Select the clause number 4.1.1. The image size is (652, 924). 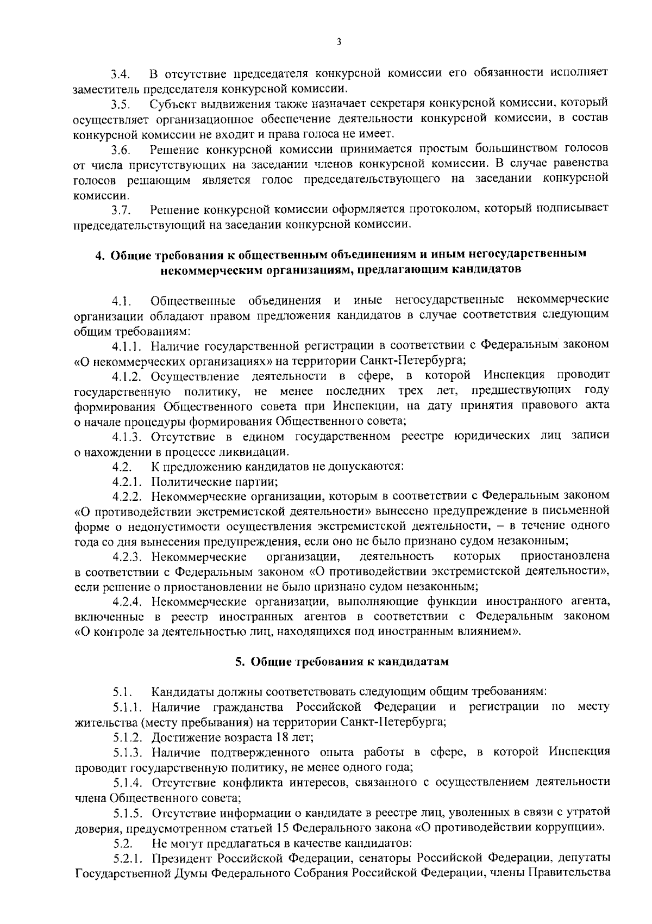pyautogui.click(x=128, y=346)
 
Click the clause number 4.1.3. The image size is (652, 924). pyautogui.click(x=128, y=437)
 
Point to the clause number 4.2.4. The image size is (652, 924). pyautogui.click(x=128, y=602)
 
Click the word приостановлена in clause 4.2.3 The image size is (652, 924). pyautogui.click(x=565, y=556)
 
